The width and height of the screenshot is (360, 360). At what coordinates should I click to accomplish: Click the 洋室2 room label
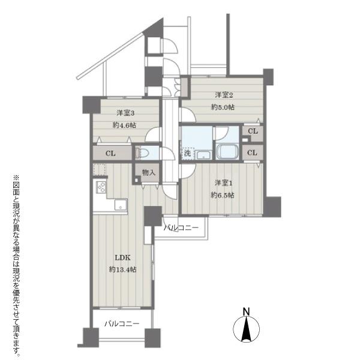[224, 95]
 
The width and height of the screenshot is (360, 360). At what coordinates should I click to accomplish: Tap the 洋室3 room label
[125, 113]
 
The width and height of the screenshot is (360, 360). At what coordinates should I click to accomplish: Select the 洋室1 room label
[224, 183]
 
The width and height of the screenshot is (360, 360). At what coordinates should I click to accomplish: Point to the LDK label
[122, 257]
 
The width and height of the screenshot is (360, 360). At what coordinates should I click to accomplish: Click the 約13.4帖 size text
[122, 269]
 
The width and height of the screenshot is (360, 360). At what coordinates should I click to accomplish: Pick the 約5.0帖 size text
[223, 107]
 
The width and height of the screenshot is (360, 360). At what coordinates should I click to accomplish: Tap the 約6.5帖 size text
[223, 195]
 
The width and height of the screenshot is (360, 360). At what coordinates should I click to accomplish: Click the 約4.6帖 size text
[124, 125]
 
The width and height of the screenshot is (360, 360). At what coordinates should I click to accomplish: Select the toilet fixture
[142, 153]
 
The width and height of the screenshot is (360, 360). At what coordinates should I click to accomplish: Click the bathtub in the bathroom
[227, 152]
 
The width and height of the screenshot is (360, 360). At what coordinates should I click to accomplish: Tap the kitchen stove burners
[101, 187]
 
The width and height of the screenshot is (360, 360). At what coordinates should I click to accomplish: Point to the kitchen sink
[121, 205]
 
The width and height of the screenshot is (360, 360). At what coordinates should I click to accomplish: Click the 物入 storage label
[149, 172]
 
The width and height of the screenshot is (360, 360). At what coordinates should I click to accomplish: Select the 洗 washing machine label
[188, 153]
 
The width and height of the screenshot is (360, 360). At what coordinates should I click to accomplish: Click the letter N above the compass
[246, 311]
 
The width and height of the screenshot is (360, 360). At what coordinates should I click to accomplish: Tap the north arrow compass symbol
[246, 329]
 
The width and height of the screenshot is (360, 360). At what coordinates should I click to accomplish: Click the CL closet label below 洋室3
[110, 153]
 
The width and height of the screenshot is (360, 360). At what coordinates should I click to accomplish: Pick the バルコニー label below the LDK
[122, 324]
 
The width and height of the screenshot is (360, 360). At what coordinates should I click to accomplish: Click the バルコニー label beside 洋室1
[181, 228]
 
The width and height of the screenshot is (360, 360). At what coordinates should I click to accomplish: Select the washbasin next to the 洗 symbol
[204, 155]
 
